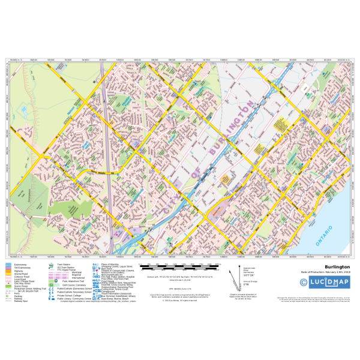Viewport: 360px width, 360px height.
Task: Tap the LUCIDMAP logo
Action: pos(329,282)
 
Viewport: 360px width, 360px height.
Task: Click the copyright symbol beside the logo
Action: pos(304,282)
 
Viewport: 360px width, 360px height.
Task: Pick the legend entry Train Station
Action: pos(63,264)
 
